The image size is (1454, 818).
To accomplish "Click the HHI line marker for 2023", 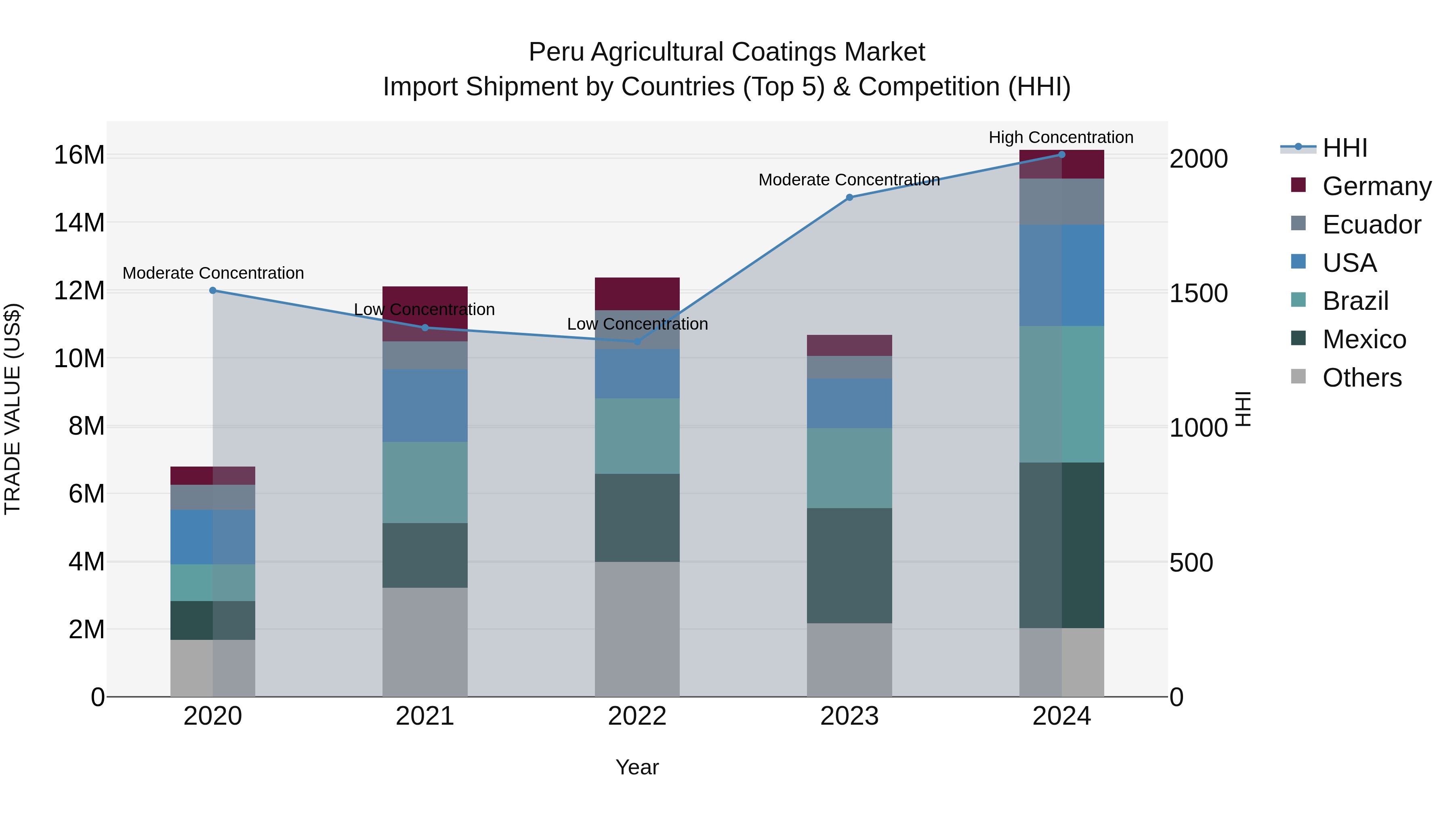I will pos(849,198).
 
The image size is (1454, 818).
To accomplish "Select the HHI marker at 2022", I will pos(637,341).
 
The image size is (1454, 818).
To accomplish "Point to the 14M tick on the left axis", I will pos(79,223).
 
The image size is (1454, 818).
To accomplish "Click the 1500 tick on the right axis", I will pos(1198,293).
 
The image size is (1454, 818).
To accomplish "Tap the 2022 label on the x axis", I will pos(637,716).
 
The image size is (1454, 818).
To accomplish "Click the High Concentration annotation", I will pos(1061,137).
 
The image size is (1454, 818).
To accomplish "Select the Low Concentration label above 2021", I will pos(424,309).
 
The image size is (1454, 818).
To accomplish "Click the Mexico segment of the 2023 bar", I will pos(849,566).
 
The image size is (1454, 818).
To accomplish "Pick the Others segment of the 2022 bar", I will pos(637,629).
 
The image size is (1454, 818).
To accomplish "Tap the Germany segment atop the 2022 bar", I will pos(637,294).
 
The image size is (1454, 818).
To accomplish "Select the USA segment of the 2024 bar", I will pos(1061,275).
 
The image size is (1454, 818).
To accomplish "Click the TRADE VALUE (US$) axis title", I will pos(13,409).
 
